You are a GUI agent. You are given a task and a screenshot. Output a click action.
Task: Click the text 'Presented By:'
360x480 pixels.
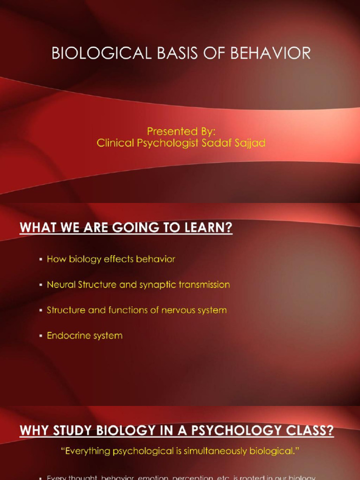click(x=181, y=131)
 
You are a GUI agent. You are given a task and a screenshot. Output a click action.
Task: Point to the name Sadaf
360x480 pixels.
click(x=219, y=143)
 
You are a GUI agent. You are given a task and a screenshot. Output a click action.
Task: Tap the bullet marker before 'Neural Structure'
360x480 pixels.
click(x=41, y=285)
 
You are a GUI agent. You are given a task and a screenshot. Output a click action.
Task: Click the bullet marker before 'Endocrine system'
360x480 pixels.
click(x=41, y=336)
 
